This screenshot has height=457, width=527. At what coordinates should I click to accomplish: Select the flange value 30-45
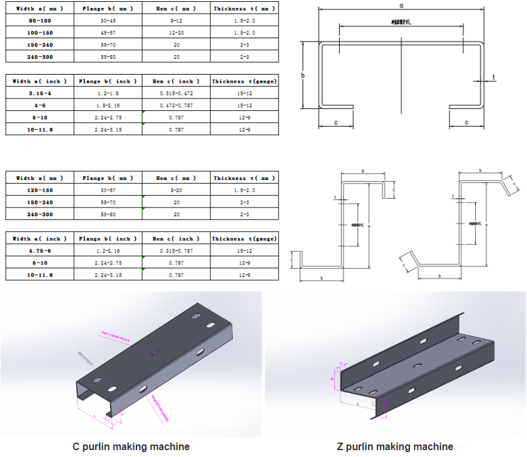click(x=103, y=21)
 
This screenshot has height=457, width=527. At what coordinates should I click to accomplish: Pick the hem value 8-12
click(x=177, y=21)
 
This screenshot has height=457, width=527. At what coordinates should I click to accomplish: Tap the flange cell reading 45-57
click(x=103, y=33)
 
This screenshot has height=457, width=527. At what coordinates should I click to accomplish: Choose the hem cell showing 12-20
click(x=177, y=33)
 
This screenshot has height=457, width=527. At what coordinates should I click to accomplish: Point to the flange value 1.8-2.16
click(x=108, y=105)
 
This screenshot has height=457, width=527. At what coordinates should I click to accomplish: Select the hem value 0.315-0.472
click(x=177, y=93)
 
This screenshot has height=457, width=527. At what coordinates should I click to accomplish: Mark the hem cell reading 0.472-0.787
click(x=177, y=105)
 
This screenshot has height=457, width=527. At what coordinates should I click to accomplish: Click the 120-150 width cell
click(x=38, y=190)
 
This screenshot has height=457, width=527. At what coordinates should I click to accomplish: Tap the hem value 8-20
click(x=177, y=190)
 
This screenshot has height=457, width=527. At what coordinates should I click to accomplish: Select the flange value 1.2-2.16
click(x=108, y=251)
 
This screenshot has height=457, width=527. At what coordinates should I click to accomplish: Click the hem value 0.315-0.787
click(x=177, y=251)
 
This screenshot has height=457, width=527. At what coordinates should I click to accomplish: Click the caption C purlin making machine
click(x=131, y=447)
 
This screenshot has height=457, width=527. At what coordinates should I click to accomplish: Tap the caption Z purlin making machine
click(x=394, y=447)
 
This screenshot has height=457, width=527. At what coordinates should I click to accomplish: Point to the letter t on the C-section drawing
click(x=493, y=78)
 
